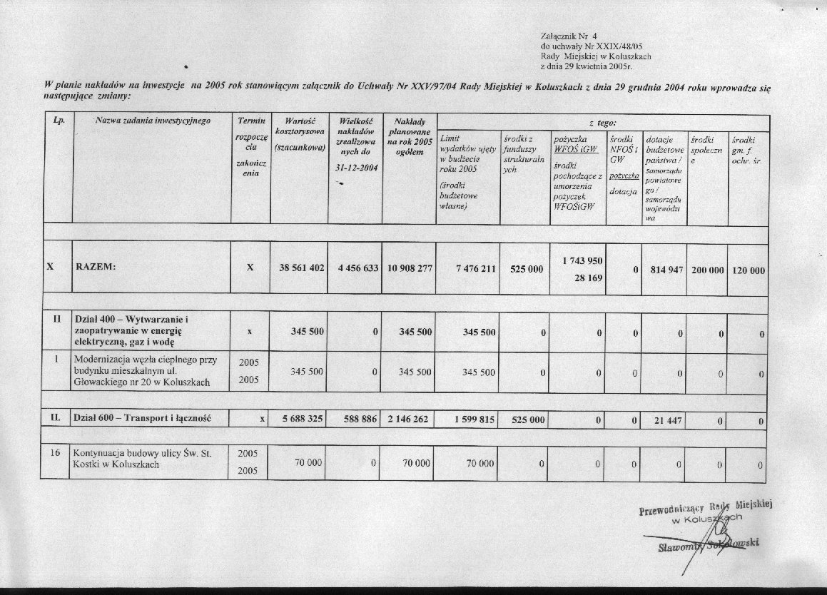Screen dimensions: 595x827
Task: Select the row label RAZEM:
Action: pos(96,268)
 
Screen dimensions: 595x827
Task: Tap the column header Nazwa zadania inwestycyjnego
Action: pos(153,121)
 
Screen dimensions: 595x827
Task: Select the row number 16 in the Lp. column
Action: pos(56,453)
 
